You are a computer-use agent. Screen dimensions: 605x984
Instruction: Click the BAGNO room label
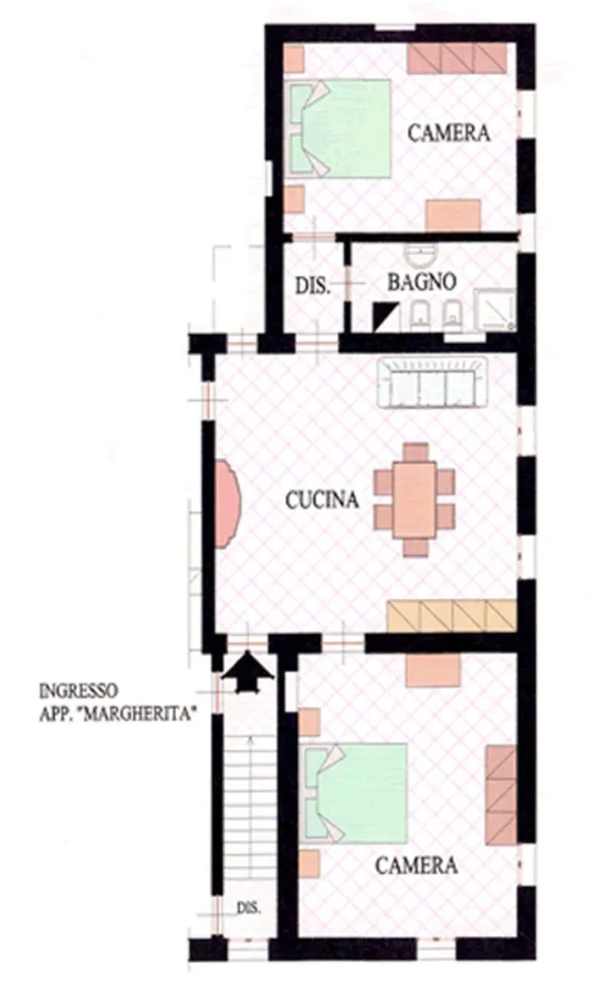(421, 282)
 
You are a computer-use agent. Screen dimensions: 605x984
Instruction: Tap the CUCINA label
(322, 499)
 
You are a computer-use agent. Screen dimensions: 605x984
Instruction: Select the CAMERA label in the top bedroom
(448, 132)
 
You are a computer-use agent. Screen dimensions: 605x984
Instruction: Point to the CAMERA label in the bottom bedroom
(416, 866)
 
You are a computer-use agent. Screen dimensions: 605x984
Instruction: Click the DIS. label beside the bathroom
(313, 286)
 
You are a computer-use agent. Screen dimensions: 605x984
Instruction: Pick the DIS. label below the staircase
(249, 908)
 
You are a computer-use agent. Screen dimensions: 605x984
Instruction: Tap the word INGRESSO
(77, 692)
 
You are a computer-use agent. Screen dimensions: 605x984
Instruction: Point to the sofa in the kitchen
(433, 383)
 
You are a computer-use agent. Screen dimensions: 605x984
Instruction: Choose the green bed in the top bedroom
(340, 128)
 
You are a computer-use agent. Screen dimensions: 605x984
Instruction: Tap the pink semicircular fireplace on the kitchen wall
(227, 504)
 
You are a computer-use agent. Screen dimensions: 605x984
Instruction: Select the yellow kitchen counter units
(451, 616)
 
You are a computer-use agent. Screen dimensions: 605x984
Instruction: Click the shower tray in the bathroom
(495, 310)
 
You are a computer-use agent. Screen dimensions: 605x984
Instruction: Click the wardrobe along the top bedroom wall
(456, 58)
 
